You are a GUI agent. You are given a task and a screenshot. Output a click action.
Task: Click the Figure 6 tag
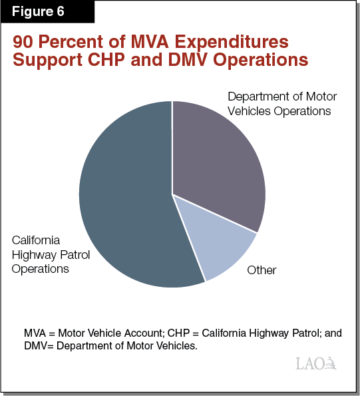[41, 13]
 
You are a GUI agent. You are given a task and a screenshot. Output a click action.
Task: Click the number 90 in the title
[25, 42]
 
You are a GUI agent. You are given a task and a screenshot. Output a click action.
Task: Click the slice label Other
[262, 270]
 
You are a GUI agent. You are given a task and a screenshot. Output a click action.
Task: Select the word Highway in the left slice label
[33, 254]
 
